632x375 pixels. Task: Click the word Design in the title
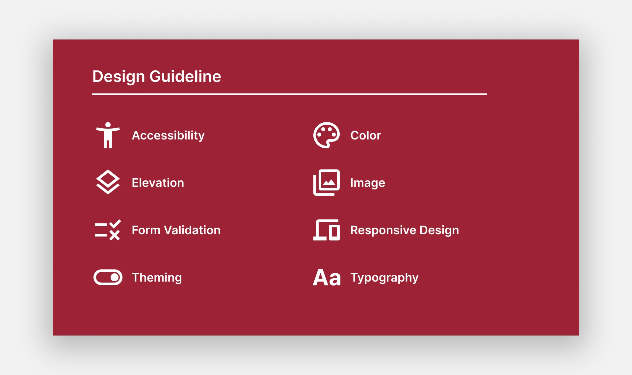pyautogui.click(x=118, y=77)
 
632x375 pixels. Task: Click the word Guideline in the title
pyautogui.click(x=185, y=77)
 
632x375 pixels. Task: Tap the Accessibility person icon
pyautogui.click(x=108, y=135)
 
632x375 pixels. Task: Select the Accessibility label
pyautogui.click(x=168, y=136)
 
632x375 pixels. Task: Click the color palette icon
pyautogui.click(x=326, y=135)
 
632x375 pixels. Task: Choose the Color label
pyautogui.click(x=365, y=136)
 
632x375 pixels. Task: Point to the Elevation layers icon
pyautogui.click(x=108, y=182)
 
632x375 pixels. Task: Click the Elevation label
pyautogui.click(x=158, y=183)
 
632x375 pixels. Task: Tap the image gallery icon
pyautogui.click(x=327, y=183)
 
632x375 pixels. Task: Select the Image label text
pyautogui.click(x=367, y=183)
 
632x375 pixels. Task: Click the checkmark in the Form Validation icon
pyautogui.click(x=115, y=224)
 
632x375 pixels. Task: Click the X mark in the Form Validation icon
pyautogui.click(x=115, y=235)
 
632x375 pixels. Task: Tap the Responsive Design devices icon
pyautogui.click(x=326, y=230)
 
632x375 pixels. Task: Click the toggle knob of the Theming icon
pyautogui.click(x=115, y=277)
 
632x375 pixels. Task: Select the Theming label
pyautogui.click(x=157, y=278)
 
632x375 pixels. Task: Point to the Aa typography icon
pyautogui.click(x=327, y=278)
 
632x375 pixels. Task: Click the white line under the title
pyautogui.click(x=289, y=94)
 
